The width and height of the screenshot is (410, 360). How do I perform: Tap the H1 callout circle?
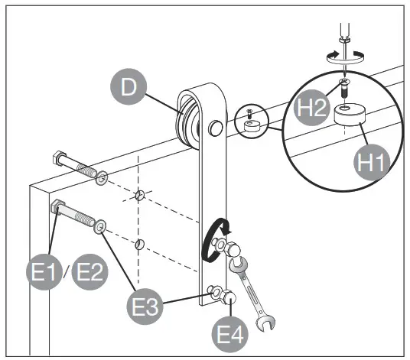[372, 161]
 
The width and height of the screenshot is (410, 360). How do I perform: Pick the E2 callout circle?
[89, 272]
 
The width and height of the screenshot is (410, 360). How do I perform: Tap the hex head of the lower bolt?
[57, 206]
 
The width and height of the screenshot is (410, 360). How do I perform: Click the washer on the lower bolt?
[100, 226]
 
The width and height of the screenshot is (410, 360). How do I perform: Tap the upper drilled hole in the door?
[138, 196]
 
